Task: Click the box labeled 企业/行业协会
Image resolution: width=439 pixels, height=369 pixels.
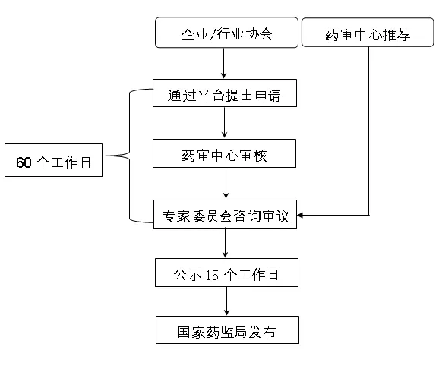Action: point(226,33)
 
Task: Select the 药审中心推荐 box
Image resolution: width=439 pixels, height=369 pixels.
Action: point(368,32)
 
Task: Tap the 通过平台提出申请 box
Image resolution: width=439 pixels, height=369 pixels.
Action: point(225,93)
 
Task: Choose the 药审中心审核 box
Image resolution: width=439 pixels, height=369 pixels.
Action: point(224,153)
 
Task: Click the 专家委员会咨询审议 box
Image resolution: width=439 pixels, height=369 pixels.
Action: point(225,214)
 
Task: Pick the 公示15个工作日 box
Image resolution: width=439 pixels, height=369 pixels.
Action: point(226,273)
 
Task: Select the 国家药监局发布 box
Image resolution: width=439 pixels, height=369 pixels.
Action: point(227,330)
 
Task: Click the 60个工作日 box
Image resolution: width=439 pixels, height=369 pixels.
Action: point(53,160)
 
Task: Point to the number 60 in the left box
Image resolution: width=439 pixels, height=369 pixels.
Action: point(24,162)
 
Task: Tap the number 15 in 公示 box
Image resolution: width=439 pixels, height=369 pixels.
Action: point(212,275)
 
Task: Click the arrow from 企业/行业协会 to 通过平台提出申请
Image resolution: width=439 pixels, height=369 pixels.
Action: point(224,63)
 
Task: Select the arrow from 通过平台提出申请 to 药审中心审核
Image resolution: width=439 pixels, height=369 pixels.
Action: point(224,123)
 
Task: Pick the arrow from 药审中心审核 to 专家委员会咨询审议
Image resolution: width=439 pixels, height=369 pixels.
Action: point(226,184)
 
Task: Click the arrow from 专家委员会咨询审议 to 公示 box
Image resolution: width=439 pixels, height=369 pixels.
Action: point(225,243)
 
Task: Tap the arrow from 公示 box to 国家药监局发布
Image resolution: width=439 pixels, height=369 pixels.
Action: point(227,301)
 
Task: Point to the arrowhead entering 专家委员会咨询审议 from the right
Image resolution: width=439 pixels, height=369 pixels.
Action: point(300,215)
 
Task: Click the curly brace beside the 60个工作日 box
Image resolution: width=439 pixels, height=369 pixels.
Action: point(129,156)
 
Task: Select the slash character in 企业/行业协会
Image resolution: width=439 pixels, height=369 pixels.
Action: point(213,34)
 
